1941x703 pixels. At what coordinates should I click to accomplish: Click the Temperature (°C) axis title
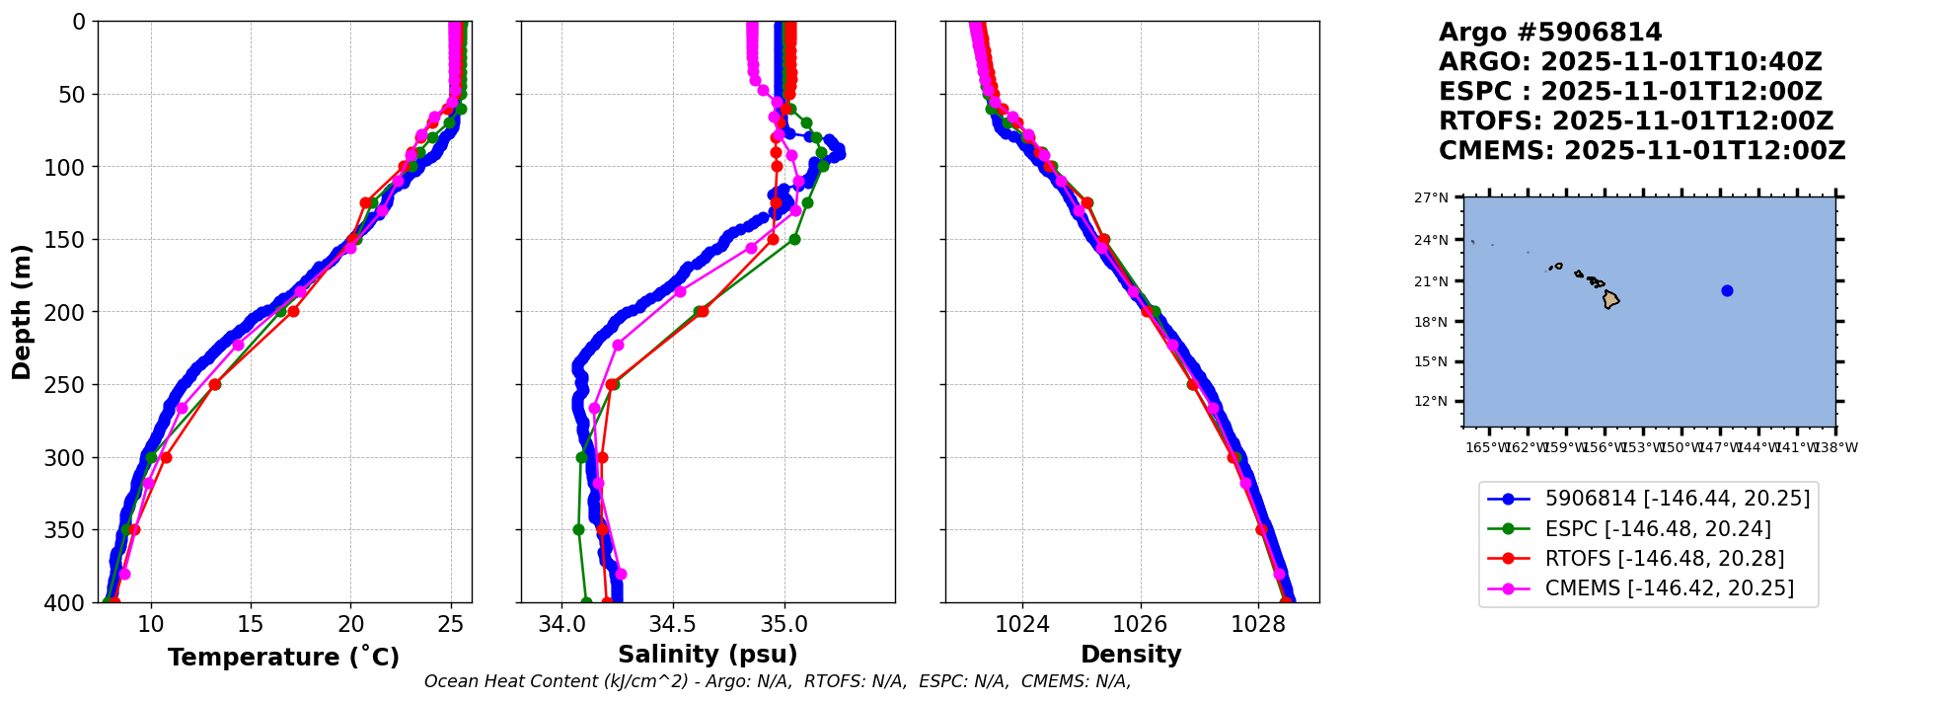[283, 658]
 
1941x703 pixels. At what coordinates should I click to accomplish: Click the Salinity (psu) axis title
[708, 655]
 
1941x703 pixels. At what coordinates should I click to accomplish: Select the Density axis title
[1131, 655]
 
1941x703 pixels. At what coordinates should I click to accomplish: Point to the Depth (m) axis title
[22, 312]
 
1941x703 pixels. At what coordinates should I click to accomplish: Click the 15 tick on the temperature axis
[251, 624]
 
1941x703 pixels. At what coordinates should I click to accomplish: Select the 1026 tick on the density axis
[1141, 624]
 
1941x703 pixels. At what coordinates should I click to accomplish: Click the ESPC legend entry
[1657, 529]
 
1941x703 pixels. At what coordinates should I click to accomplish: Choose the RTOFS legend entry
[1664, 559]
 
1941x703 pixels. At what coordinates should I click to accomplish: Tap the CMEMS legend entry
[1669, 588]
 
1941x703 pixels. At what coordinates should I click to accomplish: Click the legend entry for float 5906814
[1677, 499]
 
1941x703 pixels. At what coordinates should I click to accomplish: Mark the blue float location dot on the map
[1727, 290]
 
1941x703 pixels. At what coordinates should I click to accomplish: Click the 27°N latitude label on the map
[1431, 197]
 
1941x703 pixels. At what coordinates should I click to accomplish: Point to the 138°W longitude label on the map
[1835, 447]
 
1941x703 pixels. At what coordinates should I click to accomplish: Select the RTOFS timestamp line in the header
[1635, 121]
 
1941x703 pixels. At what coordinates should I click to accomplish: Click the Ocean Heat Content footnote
[778, 681]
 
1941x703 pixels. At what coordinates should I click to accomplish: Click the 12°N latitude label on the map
[1431, 402]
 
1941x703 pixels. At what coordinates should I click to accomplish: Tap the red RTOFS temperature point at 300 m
[166, 457]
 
